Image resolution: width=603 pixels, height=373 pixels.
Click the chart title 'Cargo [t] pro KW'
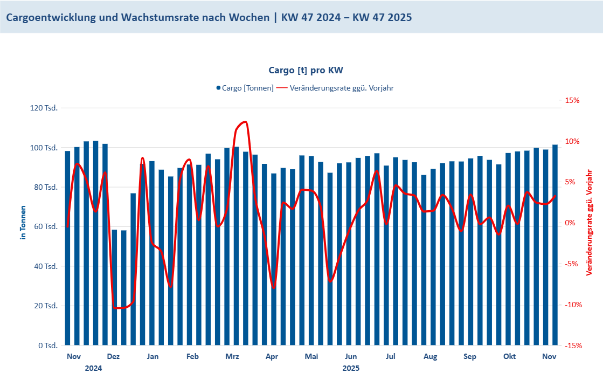coord(306,70)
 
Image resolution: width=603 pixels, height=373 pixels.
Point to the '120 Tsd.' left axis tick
coord(45,108)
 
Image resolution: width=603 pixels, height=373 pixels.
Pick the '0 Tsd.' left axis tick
coord(48,346)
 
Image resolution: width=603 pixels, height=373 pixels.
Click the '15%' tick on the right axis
coord(572,101)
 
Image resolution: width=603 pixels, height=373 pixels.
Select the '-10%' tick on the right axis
coord(573,305)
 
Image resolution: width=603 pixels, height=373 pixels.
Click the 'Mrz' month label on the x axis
coord(232,357)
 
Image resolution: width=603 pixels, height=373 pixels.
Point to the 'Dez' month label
coord(113,357)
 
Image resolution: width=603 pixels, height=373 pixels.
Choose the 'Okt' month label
coord(509,357)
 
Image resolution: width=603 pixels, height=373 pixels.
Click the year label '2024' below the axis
coord(93,368)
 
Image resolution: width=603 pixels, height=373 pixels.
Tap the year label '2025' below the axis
coord(351,368)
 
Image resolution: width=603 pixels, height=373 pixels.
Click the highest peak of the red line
coord(245,122)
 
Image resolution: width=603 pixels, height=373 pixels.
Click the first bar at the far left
coord(67,248)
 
